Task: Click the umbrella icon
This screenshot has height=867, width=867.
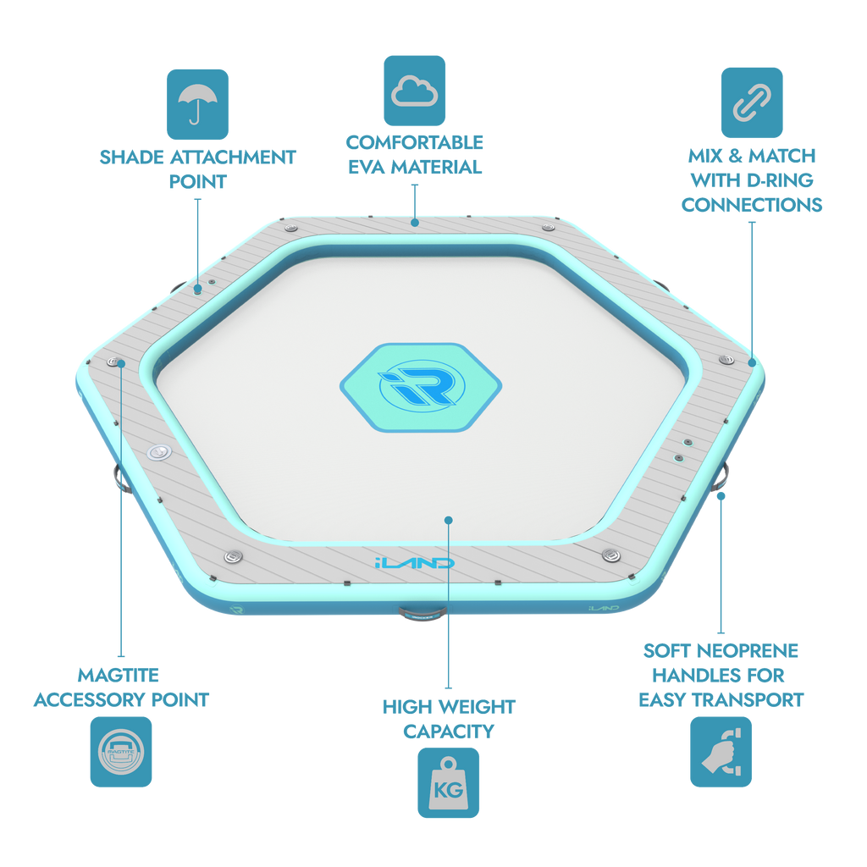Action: point(197,104)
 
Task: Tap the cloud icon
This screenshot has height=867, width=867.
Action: point(414,91)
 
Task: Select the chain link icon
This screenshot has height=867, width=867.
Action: point(752,102)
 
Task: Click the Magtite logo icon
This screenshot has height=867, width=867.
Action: point(121,752)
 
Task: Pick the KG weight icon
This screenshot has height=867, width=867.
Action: point(449,782)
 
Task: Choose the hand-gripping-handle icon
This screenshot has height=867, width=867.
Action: point(721,752)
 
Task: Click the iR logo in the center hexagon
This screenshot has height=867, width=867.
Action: point(422,386)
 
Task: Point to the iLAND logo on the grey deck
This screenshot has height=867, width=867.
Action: point(415,563)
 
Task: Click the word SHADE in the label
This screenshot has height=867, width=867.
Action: point(131,157)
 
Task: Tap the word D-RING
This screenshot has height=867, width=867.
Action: point(780,180)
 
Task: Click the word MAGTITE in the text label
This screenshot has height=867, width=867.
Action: point(119,675)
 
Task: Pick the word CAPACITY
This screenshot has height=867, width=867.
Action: point(449,732)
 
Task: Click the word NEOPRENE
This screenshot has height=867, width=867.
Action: point(754,651)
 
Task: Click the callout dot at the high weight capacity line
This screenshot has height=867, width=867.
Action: point(449,521)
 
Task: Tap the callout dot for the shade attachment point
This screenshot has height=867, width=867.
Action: point(197,289)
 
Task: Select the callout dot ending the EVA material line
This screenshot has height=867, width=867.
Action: point(415,223)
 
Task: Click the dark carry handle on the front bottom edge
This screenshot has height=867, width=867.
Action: point(422,613)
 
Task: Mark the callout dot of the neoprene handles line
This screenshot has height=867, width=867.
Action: point(721,496)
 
